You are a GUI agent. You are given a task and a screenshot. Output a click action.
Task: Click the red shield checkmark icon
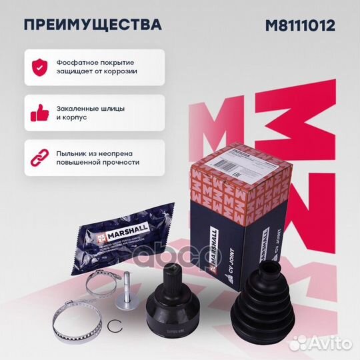39,66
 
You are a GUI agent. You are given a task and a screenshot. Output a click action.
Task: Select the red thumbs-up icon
39,113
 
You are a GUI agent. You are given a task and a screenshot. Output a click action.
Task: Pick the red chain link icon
39,157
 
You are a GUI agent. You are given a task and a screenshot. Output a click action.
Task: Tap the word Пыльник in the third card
74,152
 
